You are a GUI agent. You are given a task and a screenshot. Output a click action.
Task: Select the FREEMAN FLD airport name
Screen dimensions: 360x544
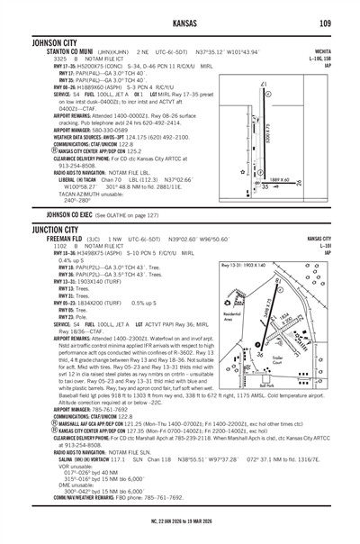click(37, 239)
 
